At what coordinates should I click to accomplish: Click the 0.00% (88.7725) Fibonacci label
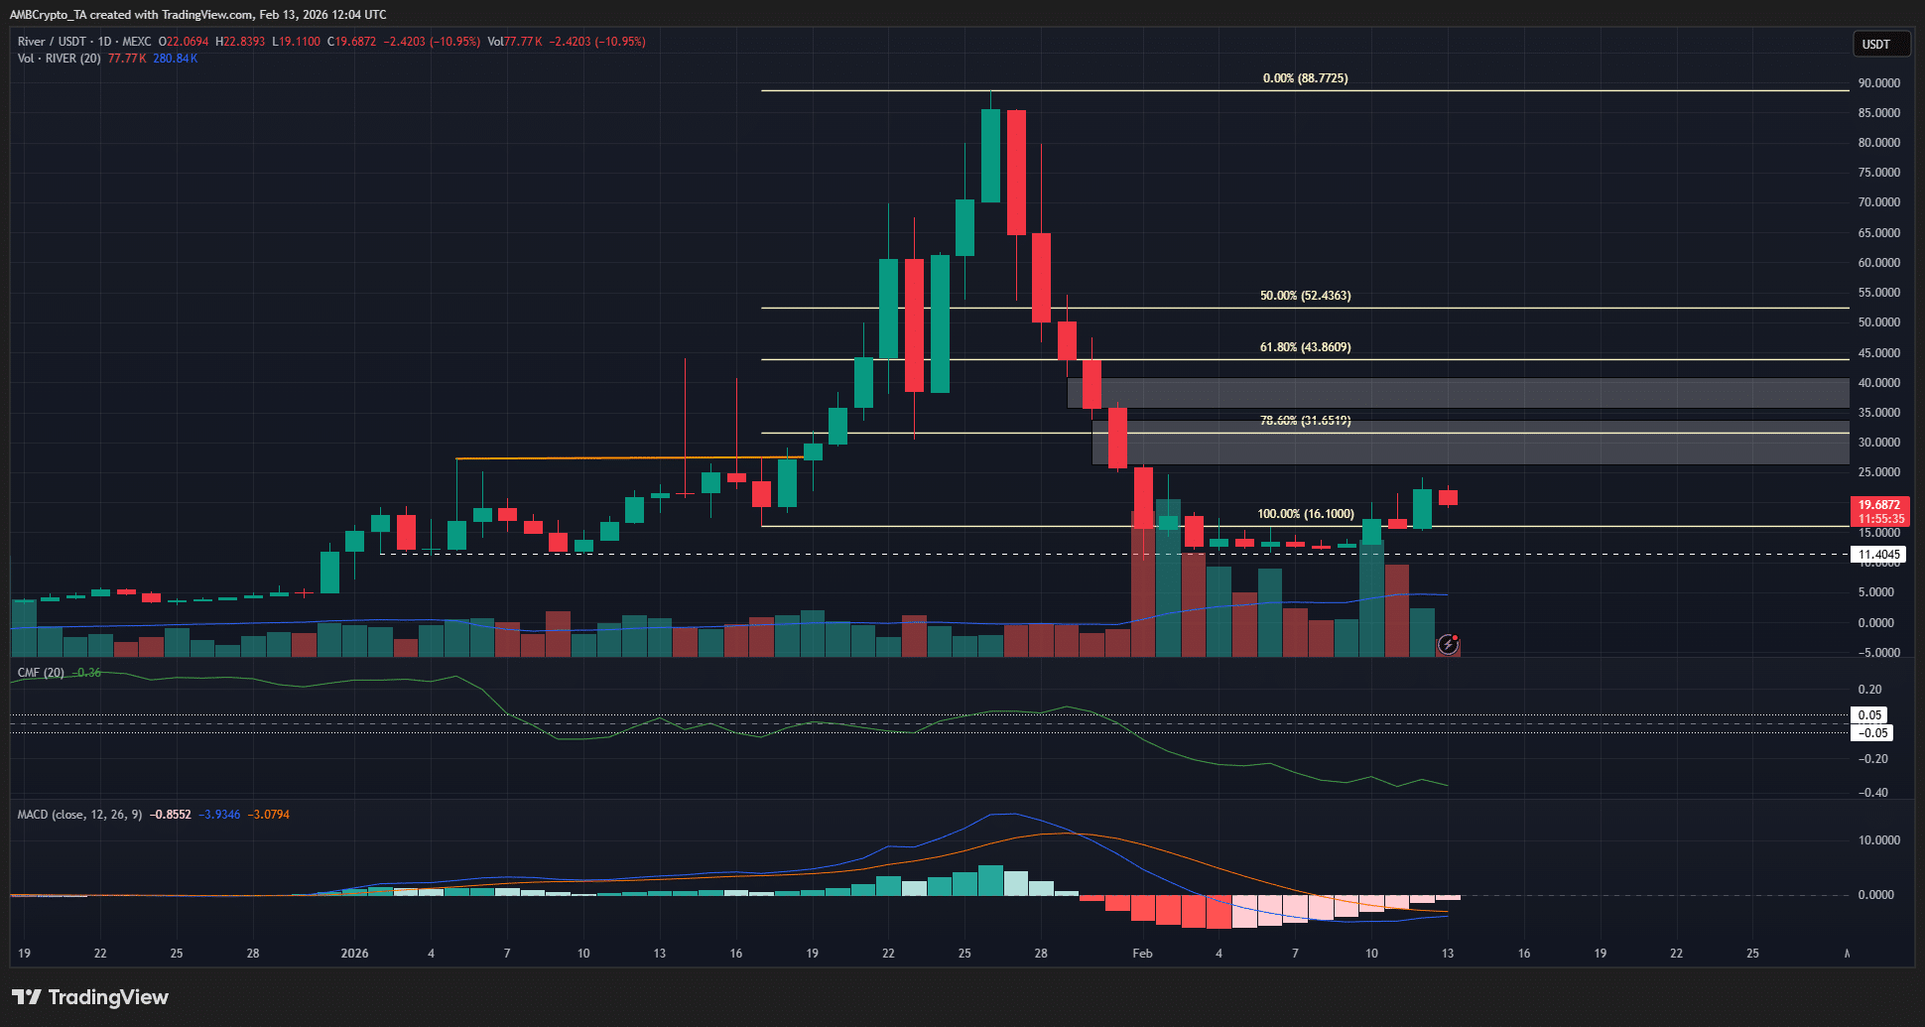click(x=1305, y=78)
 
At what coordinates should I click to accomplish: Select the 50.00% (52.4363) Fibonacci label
click(x=1305, y=296)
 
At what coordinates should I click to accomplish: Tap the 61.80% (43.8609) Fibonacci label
click(x=1305, y=347)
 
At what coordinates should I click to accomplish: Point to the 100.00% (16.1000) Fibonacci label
click(x=1305, y=514)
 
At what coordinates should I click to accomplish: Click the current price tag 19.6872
click(x=1879, y=505)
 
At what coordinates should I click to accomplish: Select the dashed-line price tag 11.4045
click(x=1878, y=555)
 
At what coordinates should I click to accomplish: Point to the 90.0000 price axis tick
click(x=1878, y=83)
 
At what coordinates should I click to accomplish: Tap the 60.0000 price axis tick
click(x=1878, y=263)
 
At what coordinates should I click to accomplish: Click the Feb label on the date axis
click(x=1142, y=954)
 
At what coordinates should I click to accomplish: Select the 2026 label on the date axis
click(x=354, y=954)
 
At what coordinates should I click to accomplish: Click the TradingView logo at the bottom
click(x=90, y=997)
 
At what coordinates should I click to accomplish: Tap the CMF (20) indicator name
click(x=41, y=673)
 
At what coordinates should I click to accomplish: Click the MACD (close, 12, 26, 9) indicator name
click(x=79, y=815)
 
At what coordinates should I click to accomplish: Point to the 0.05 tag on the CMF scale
click(x=1869, y=715)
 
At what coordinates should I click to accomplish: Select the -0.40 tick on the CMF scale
click(x=1872, y=793)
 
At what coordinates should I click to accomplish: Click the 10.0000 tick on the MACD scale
click(x=1878, y=840)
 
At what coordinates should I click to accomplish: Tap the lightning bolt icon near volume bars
click(x=1448, y=645)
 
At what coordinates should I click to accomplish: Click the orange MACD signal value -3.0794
click(x=269, y=815)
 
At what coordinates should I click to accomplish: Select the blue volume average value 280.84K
click(x=176, y=59)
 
